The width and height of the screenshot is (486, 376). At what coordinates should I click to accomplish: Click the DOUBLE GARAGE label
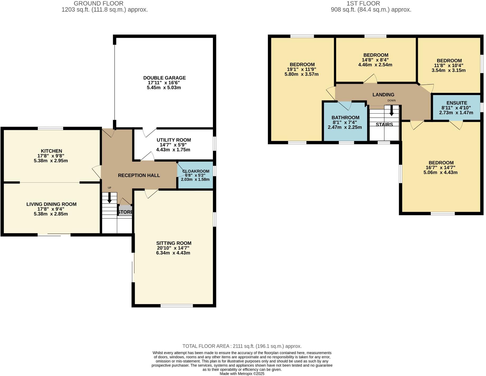pos(164,78)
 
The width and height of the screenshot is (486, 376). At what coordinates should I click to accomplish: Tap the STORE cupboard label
pos(125,212)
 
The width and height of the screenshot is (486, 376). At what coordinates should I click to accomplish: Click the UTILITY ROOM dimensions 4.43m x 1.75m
pos(173,150)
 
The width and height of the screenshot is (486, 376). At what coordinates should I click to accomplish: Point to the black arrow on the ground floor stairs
pos(109,198)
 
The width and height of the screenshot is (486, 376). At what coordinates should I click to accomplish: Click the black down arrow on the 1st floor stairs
pos(391,111)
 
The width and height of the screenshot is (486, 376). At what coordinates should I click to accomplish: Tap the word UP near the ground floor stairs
pos(109,188)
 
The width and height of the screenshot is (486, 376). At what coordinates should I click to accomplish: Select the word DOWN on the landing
pos(391,101)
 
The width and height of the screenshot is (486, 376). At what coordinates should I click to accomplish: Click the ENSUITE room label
pos(457,103)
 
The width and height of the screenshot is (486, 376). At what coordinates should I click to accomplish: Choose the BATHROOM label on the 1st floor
pos(345,117)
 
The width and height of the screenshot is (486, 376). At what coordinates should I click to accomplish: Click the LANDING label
pos(383,95)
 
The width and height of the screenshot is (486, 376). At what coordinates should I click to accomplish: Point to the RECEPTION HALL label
pos(139,175)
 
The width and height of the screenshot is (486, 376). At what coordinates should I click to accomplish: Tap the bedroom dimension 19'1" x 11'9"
pos(301,69)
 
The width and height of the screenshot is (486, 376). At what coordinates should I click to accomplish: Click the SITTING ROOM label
pos(174,243)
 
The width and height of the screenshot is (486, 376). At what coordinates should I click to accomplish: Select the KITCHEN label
pos(51,151)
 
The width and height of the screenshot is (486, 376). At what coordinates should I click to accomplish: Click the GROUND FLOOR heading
pos(98,3)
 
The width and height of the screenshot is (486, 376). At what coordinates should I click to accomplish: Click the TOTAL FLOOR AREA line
pos(242,346)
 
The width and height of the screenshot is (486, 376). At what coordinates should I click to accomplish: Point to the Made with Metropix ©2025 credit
pos(242,374)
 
